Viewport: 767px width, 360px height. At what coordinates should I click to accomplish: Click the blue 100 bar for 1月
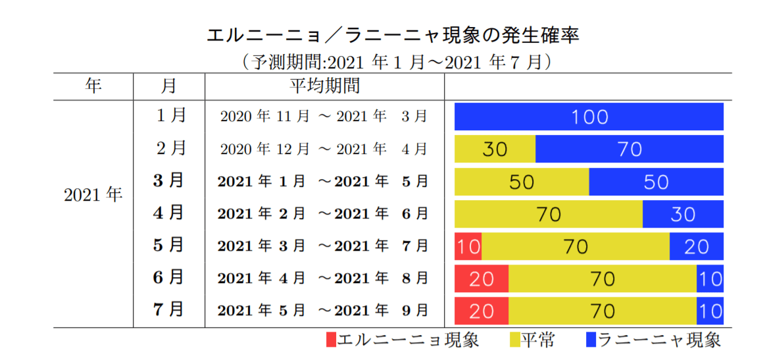pos(589,116)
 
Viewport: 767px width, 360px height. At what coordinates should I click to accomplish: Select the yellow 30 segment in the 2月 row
pos(495,149)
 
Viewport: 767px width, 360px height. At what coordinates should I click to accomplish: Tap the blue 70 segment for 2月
pos(630,149)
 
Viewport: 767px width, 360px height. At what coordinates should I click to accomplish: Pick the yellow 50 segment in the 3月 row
pos(522,181)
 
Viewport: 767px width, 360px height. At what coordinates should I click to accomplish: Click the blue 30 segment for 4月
pos(683,214)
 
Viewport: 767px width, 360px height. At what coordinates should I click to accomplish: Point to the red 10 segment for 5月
pos(468,246)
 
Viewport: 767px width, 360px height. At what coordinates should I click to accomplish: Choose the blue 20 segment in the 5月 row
pos(696,246)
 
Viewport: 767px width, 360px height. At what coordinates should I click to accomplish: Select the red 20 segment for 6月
pos(482,278)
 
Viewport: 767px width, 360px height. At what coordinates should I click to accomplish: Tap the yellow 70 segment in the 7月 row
pos(603,310)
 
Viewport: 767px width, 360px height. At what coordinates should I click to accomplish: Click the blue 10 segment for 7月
pos(710,310)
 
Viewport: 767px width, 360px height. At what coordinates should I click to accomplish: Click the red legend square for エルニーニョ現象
pos(331,340)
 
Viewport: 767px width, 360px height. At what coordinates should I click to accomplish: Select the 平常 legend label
pos(538,340)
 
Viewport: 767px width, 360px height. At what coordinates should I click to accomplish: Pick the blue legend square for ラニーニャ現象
pos(590,340)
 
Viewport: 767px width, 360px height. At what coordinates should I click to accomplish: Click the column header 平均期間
pos(324,86)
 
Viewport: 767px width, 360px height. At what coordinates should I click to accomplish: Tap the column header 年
pos(93,86)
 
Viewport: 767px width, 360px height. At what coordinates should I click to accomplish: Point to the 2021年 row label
pos(93,195)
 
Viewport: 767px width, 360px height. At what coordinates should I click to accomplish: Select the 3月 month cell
pos(168,181)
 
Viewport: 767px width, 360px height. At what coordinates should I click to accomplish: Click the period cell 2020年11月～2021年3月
pos(324,116)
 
